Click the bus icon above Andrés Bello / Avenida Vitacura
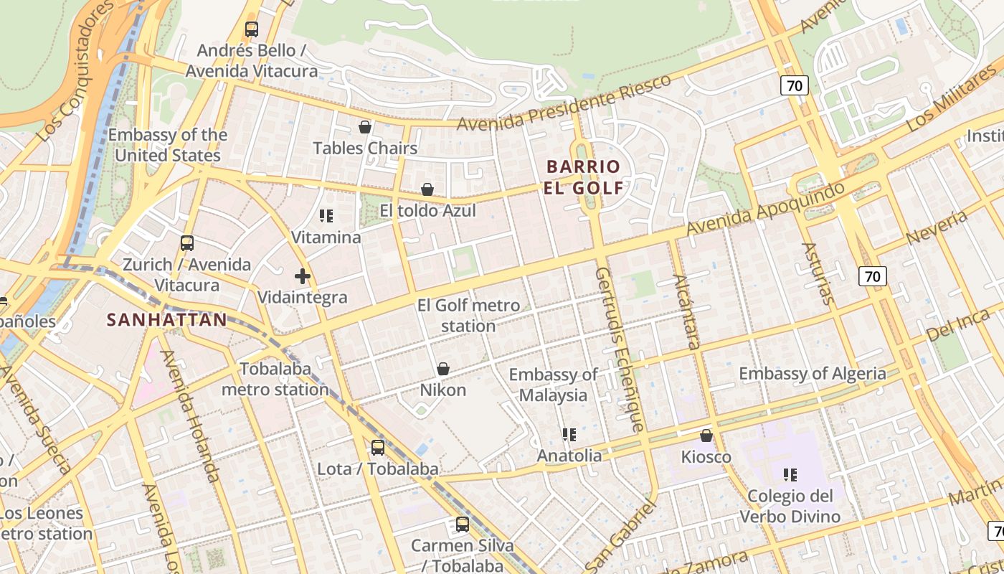click(251, 29)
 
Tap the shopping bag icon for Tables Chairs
click(365, 127)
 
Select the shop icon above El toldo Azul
click(427, 189)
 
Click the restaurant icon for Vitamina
click(326, 215)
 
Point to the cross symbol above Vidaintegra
click(302, 276)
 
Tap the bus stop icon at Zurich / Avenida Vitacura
click(187, 243)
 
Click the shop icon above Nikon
click(443, 369)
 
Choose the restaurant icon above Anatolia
click(569, 434)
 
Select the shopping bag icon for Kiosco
click(706, 436)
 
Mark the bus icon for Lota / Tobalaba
click(378, 448)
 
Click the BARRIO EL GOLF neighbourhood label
click(583, 177)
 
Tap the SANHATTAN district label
click(166, 320)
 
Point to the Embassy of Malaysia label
click(553, 385)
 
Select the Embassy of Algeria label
click(813, 373)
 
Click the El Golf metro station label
click(468, 316)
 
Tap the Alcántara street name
click(686, 311)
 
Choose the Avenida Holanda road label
click(190, 415)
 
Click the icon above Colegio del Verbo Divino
click(790, 474)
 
